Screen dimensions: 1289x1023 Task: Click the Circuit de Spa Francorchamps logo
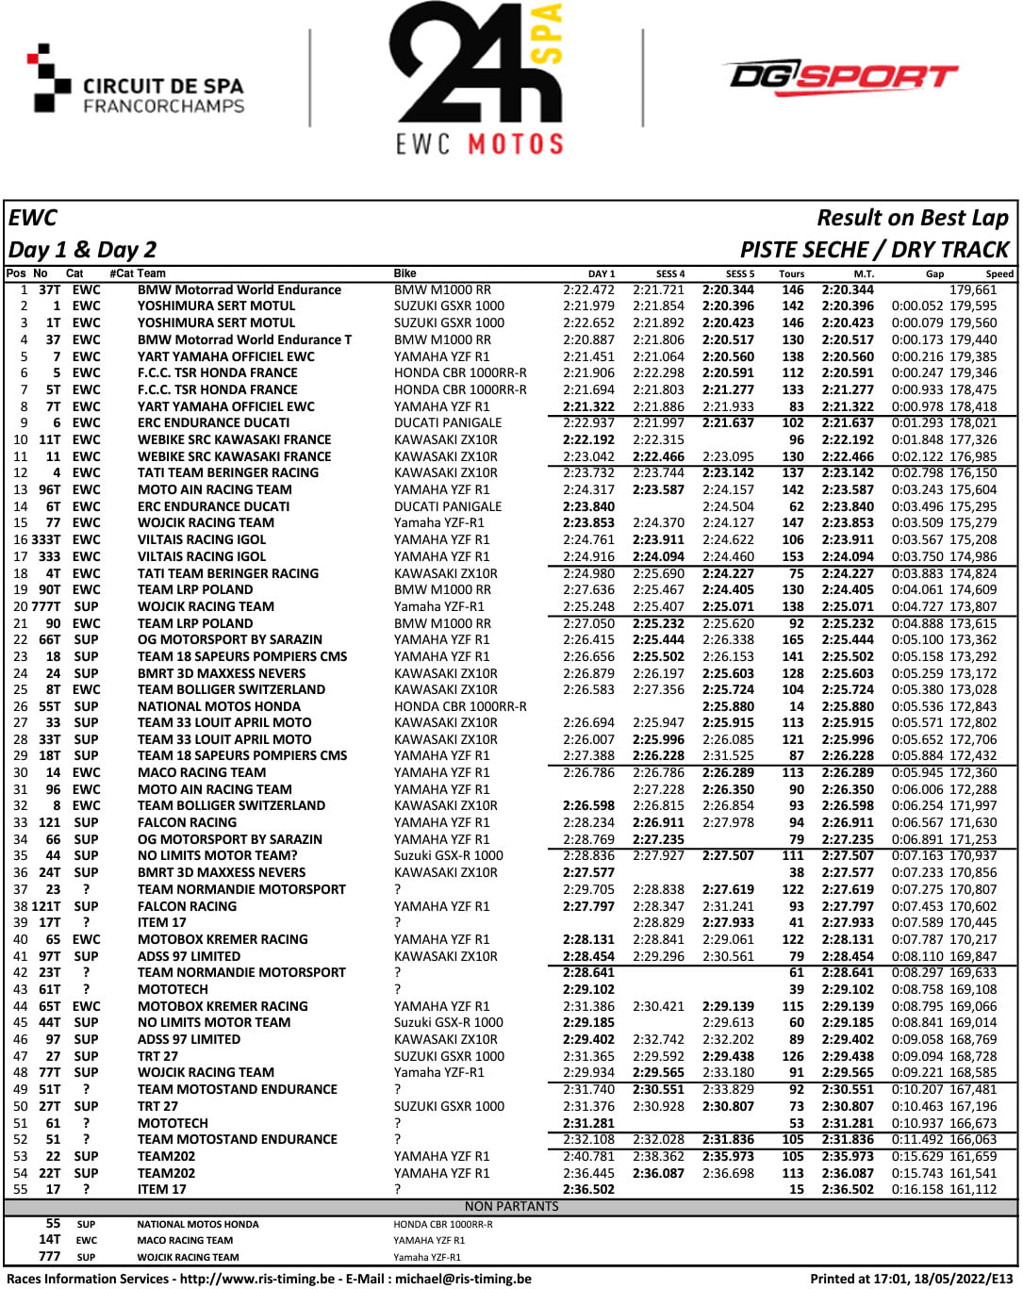coord(137,85)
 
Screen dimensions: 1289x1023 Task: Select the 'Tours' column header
coord(791,274)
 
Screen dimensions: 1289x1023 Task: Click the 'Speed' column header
coord(999,274)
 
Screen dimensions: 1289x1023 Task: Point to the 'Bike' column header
coord(404,273)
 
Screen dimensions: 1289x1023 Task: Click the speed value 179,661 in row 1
coord(973,290)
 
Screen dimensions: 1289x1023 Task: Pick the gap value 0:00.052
coord(917,306)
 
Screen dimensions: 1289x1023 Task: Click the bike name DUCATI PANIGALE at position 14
coord(448,506)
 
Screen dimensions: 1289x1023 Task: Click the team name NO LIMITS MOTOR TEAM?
coord(217,856)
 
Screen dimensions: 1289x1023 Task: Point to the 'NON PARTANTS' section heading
coord(511,1206)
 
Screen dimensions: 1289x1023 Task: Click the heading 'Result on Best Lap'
coord(912,218)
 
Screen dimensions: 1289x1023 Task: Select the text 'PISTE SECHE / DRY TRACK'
coord(874,250)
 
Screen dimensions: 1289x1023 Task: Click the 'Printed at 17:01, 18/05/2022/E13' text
coord(911,1279)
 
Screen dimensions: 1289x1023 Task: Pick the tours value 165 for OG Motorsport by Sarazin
coord(793,640)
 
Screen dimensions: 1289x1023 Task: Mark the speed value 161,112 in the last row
coord(973,1190)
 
